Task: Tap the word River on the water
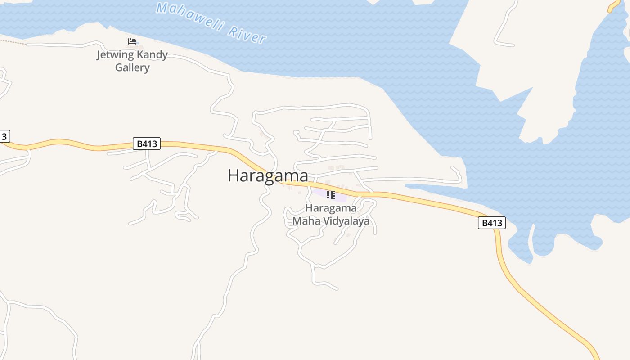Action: [x=247, y=34]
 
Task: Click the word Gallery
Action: [x=132, y=67]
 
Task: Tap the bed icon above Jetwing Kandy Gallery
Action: [x=132, y=41]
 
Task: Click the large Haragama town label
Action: [x=268, y=175]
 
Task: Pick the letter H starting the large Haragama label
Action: [x=233, y=175]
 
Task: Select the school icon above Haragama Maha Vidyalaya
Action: [x=331, y=194]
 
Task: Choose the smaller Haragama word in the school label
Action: [x=331, y=208]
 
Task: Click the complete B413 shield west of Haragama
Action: [x=147, y=144]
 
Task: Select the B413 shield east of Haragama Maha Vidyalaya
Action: [x=491, y=223]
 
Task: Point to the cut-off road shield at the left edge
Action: [x=4, y=136]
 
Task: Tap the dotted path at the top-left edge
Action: [x=11, y=41]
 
